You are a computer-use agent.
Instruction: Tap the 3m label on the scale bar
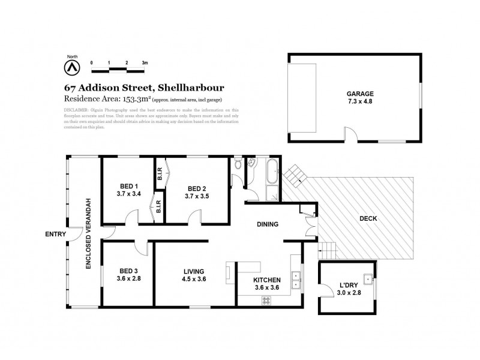[x=145, y=62]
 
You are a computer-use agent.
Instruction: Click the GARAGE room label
[x=360, y=94]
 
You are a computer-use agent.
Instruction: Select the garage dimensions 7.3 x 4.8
[x=360, y=102]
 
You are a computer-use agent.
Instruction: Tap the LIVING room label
[x=194, y=271]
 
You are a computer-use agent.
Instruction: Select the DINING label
[x=268, y=225]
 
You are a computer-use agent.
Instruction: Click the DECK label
[x=368, y=218]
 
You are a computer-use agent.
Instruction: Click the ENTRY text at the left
[x=56, y=234]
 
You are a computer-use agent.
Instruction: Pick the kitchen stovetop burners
[x=265, y=300]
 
